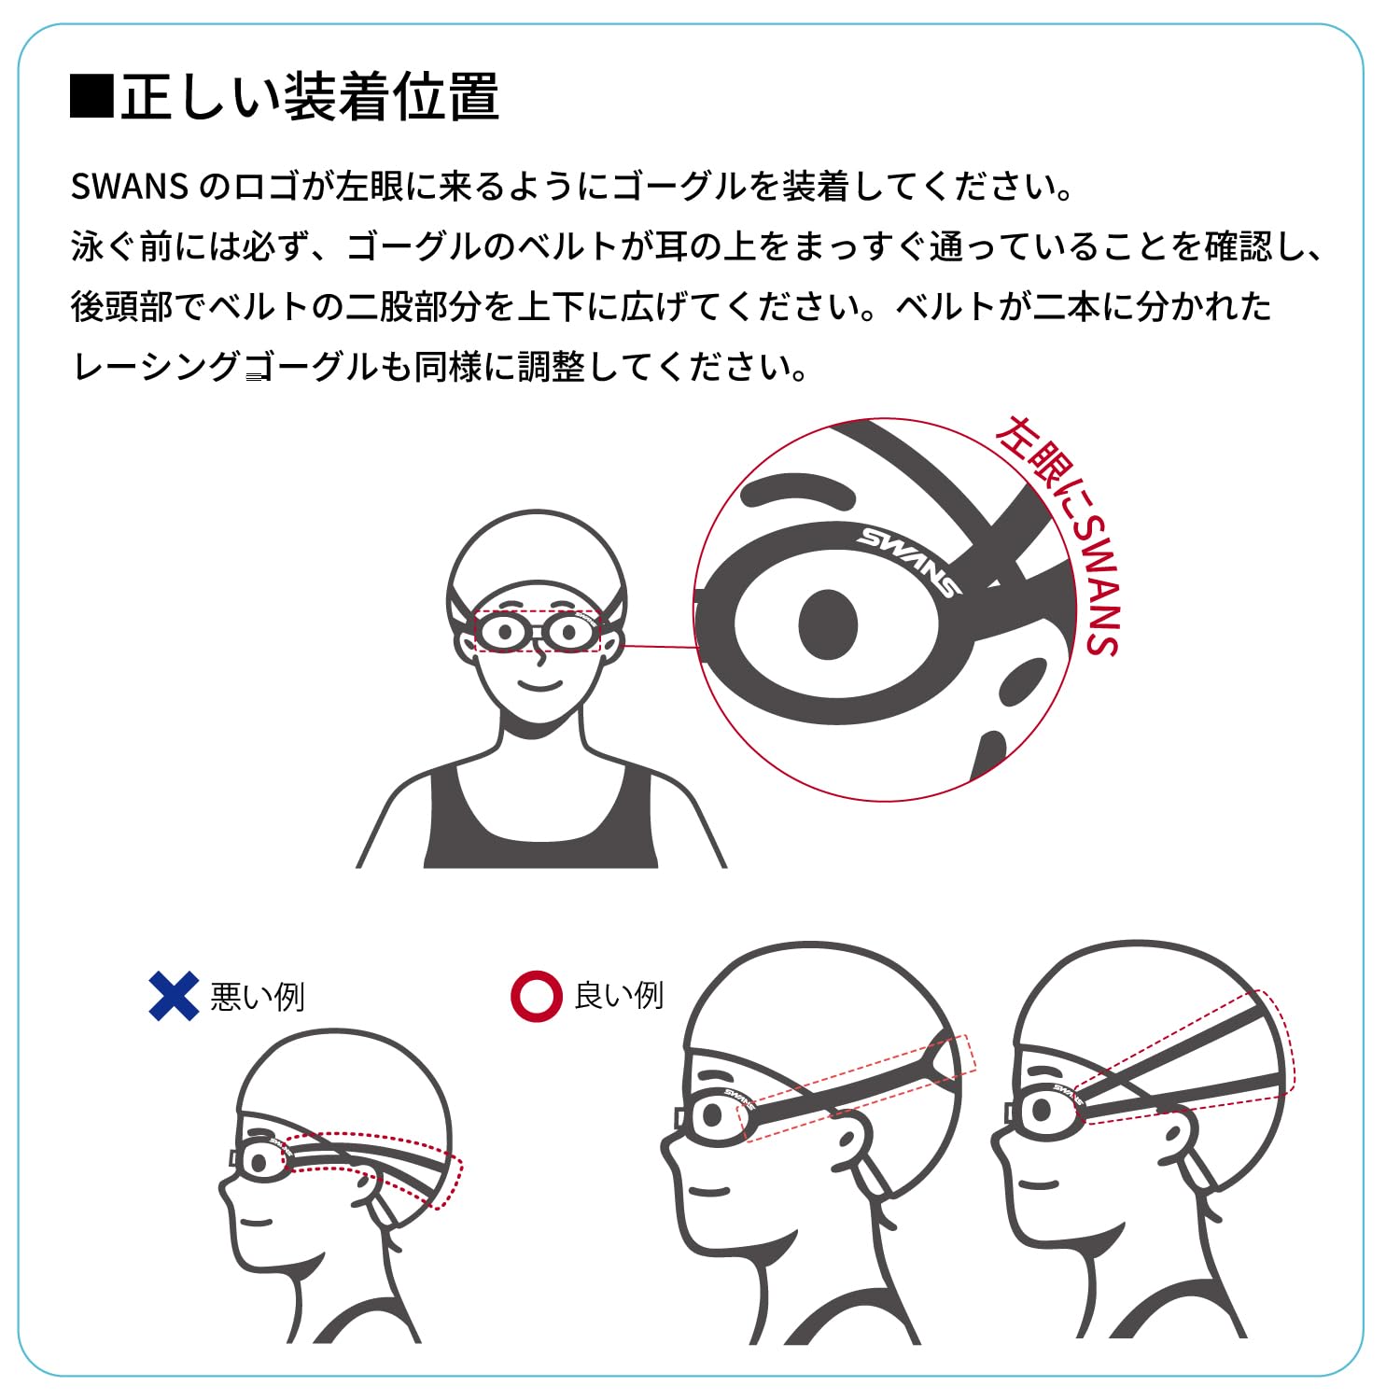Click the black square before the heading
pos(92,97)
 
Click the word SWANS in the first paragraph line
pos(130,187)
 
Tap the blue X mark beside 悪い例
pos(174,996)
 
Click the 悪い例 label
pos(258,997)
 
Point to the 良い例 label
pos(619,995)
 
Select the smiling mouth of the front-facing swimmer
pos(540,686)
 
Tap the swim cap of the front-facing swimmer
pos(537,560)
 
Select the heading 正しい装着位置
pos(310,97)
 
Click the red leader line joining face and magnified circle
pos(659,645)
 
